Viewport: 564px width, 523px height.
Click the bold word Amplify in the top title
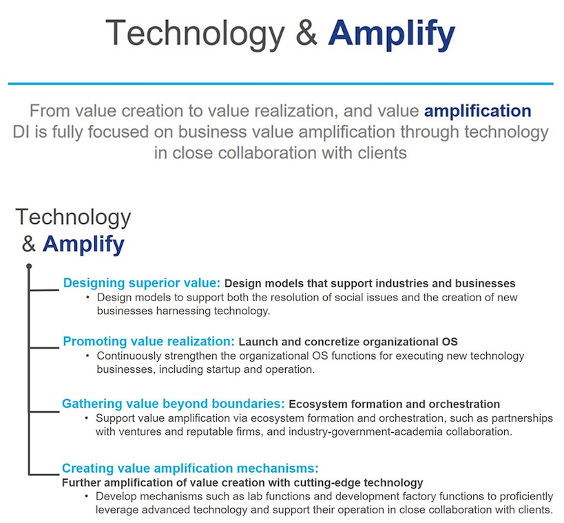(392, 34)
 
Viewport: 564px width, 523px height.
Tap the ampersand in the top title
(306, 33)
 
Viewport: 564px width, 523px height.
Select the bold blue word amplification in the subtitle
(478, 111)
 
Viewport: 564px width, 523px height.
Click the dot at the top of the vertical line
(29, 267)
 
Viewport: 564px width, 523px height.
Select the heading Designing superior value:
(142, 283)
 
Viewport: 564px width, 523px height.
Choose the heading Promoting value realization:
(149, 341)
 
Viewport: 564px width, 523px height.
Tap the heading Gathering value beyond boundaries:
(174, 404)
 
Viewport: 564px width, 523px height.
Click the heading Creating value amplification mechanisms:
(190, 469)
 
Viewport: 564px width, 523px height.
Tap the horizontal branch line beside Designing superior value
(44, 289)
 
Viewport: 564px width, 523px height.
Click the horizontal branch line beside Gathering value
(44, 411)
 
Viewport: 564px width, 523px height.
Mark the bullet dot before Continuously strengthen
(87, 356)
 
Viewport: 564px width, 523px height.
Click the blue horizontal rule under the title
(280, 84)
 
